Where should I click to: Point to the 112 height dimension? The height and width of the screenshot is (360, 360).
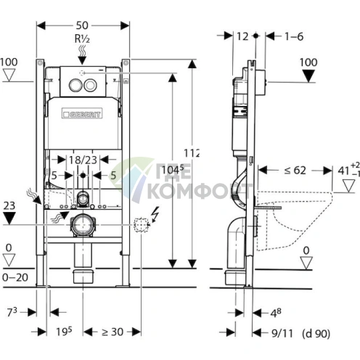point(192,152)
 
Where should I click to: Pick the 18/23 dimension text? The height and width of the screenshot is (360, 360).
point(83,158)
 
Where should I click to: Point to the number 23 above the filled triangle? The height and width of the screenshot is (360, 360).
point(9,205)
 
